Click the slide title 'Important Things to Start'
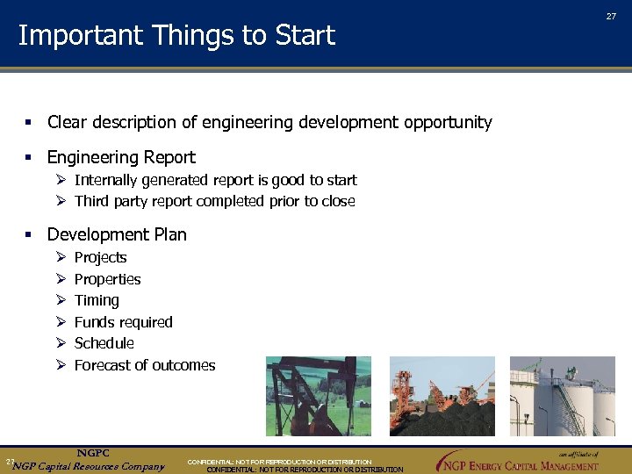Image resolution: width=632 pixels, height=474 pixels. pyautogui.click(x=176, y=35)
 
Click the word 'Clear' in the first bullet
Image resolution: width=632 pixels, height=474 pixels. pyautogui.click(x=67, y=123)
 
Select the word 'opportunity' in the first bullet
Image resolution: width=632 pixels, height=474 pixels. pyautogui.click(x=448, y=123)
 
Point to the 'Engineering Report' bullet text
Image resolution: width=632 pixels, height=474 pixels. pyautogui.click(x=121, y=158)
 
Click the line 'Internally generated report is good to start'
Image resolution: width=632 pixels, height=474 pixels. pyautogui.click(x=215, y=180)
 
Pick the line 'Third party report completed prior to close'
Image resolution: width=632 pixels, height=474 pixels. pyautogui.click(x=214, y=201)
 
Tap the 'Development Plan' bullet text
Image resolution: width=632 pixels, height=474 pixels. pyautogui.click(x=117, y=234)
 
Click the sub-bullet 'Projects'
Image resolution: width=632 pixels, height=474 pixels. pyautogui.click(x=100, y=257)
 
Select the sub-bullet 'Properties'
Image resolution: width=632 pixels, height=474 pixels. pyautogui.click(x=107, y=279)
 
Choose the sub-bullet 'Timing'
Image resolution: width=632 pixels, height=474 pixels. pyautogui.click(x=97, y=300)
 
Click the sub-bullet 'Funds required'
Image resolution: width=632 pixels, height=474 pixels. pyautogui.click(x=123, y=322)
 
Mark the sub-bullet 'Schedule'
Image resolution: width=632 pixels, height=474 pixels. pyautogui.click(x=104, y=343)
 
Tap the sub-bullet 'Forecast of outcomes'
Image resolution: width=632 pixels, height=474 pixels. pyautogui.click(x=144, y=365)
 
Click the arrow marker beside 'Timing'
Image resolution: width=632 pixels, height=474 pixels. pyautogui.click(x=61, y=300)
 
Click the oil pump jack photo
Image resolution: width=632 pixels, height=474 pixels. pyautogui.click(x=318, y=396)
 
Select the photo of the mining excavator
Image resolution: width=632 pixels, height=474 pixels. pyautogui.click(x=442, y=396)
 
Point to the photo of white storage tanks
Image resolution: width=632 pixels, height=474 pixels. pyautogui.click(x=562, y=396)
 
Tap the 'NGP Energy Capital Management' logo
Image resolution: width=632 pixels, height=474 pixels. pyautogui.click(x=518, y=462)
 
